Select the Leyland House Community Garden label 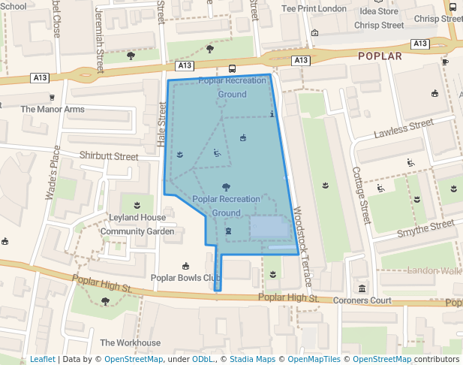click(137, 224)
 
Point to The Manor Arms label click(53, 109)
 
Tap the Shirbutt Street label click(110, 156)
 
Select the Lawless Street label click(404, 129)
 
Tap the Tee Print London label click(314, 8)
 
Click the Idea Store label click(379, 11)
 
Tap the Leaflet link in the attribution click(42, 359)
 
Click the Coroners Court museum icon click(362, 289)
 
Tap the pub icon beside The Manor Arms click(52, 97)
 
